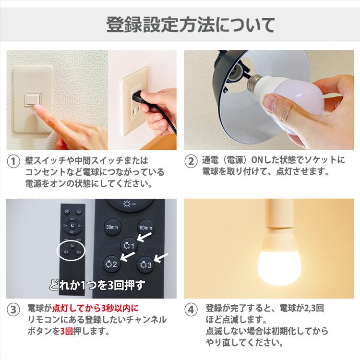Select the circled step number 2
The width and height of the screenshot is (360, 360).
191,161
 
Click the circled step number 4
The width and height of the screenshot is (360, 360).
191,309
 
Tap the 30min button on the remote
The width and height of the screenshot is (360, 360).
112,227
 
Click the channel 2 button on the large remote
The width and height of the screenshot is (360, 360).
111,263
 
